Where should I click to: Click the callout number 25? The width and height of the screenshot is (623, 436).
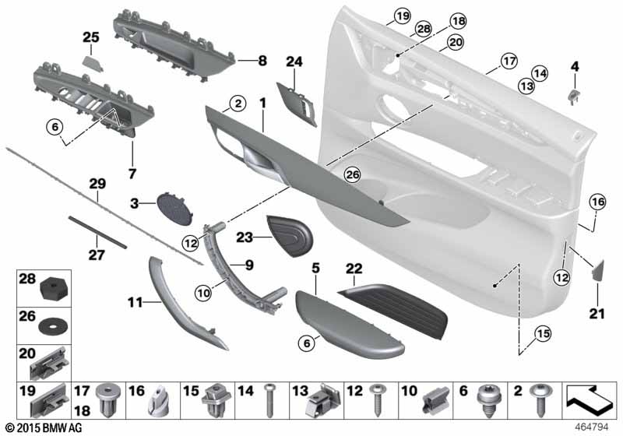coord(91,37)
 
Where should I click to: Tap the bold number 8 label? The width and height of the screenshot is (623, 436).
coord(262,61)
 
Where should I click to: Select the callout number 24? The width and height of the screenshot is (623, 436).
coord(294,62)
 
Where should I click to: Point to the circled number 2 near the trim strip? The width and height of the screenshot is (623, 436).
coord(238,104)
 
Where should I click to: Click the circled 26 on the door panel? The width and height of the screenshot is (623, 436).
coord(353,174)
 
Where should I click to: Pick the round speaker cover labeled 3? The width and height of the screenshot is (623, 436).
coord(174,209)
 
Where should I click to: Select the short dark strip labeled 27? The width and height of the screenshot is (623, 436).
coord(98,232)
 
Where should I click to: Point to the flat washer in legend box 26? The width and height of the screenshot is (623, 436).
coord(52,325)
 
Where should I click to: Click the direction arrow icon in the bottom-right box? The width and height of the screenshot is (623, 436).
coord(590,400)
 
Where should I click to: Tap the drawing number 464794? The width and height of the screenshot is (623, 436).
coord(592,427)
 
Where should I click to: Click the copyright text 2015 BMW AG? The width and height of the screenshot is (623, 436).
coord(44,427)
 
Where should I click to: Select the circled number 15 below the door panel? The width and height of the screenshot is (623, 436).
coord(543,333)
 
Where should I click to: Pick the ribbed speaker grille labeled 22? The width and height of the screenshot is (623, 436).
coord(392,310)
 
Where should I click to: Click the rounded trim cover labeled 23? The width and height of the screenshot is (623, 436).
coord(290,235)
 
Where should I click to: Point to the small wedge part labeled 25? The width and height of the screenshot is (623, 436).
coord(93,63)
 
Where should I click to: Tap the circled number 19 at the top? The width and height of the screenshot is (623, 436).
coord(403,16)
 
